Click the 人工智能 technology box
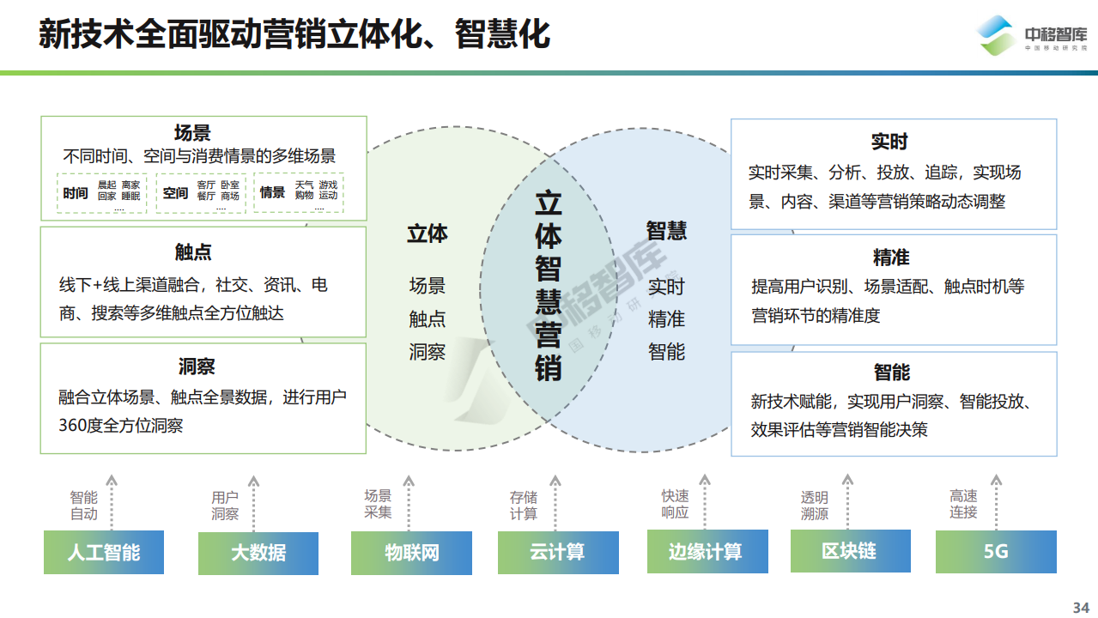[x=104, y=552]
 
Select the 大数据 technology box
[x=258, y=554]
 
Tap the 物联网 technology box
[x=412, y=553]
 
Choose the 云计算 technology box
[x=558, y=552]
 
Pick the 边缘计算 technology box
[x=707, y=551]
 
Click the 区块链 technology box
[x=851, y=551]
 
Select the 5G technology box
[x=996, y=552]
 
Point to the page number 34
[x=1081, y=608]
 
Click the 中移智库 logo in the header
[x=1031, y=35]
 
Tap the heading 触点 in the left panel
[x=193, y=251]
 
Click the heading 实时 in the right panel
[x=889, y=142]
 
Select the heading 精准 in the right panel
[x=891, y=257]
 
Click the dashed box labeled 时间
[x=102, y=193]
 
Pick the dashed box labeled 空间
[x=201, y=193]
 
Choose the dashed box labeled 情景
[x=299, y=192]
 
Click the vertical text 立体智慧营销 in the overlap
[x=548, y=286]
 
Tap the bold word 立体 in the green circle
[x=427, y=233]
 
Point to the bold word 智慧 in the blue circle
[x=666, y=231]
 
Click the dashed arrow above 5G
[x=996, y=502]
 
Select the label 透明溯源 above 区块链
[x=814, y=506]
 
